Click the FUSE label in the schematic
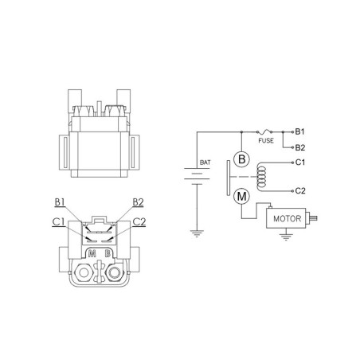point(266,140)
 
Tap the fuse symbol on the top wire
point(264,131)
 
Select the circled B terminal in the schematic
point(241,159)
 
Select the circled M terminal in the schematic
point(241,197)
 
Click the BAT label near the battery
point(205,162)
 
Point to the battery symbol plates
point(197,176)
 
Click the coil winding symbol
point(261,176)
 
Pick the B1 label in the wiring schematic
point(299,131)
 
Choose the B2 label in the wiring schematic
point(300,147)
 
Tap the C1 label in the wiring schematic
point(300,162)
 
